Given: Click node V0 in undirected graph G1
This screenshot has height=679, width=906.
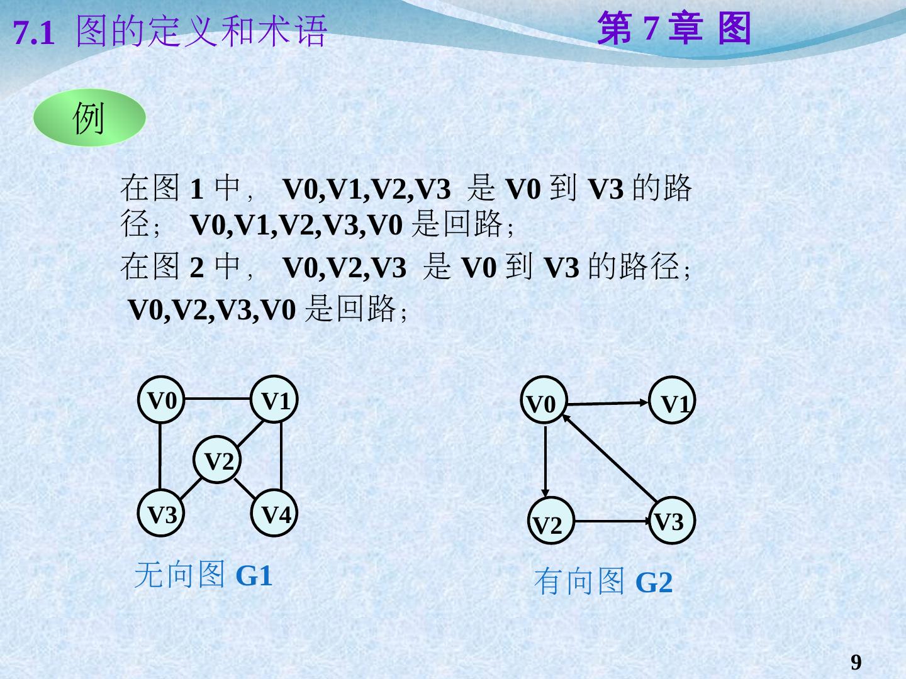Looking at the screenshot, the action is pos(161,399).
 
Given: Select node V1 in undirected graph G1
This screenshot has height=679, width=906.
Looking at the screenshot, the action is pos(274,399).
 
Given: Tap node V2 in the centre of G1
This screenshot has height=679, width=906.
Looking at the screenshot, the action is pos(218,461).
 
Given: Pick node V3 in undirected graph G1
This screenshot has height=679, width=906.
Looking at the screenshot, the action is pos(161,514).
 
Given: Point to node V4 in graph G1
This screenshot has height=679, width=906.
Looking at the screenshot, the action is pos(275,514).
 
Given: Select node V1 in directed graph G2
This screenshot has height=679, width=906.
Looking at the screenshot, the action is pos(672,401).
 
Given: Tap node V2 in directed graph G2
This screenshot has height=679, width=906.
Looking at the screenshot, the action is pos(550,522).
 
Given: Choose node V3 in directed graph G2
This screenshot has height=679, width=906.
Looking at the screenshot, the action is pos(672,521).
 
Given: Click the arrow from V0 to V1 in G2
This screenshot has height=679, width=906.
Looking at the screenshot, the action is pos(607,403).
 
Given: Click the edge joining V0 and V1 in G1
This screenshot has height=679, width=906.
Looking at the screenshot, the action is pos(218,399).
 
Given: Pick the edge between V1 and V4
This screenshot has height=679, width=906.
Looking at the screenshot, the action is pos(280,456).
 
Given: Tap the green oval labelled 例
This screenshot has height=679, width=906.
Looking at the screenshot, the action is pos(89,118).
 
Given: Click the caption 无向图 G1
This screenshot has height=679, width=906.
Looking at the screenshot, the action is pos(203,575).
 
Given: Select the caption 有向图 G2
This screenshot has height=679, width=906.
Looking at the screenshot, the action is pos(603,582).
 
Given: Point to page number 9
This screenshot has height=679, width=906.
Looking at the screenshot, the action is pos(856,662).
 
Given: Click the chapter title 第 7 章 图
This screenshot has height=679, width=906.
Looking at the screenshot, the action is pos(674,29).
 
